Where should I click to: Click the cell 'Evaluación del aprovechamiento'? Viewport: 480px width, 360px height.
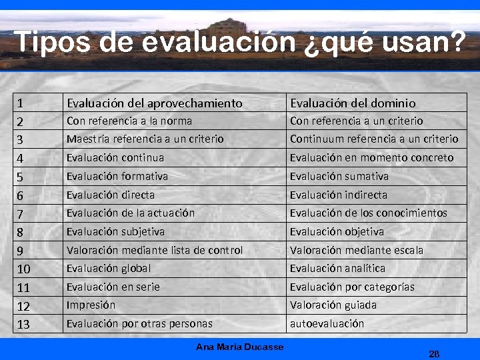coord(154,103)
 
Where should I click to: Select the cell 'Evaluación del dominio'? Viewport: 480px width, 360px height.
coord(353,103)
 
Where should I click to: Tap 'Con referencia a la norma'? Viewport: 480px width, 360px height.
coord(129,121)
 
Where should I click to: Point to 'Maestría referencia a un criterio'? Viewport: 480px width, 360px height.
coord(145,139)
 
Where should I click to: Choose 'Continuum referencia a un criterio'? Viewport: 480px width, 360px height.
coord(374,139)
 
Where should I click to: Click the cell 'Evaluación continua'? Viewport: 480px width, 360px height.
coord(115,157)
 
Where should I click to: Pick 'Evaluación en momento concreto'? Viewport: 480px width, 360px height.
coord(371,157)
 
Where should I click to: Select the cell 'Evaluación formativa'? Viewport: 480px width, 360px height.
coord(117,176)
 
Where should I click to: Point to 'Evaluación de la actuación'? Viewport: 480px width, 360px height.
coord(131,213)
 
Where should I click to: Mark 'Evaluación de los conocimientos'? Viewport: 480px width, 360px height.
coord(368,213)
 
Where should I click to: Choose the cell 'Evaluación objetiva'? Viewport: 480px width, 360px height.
coord(337,231)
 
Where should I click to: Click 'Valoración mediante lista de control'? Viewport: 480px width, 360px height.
coord(155,250)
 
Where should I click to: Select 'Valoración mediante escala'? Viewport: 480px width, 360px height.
coord(356,250)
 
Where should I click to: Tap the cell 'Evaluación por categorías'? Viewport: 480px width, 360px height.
coord(352,287)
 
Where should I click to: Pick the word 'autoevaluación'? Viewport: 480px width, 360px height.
coord(327,323)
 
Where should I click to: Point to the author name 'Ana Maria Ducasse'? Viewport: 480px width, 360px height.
coord(240,347)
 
